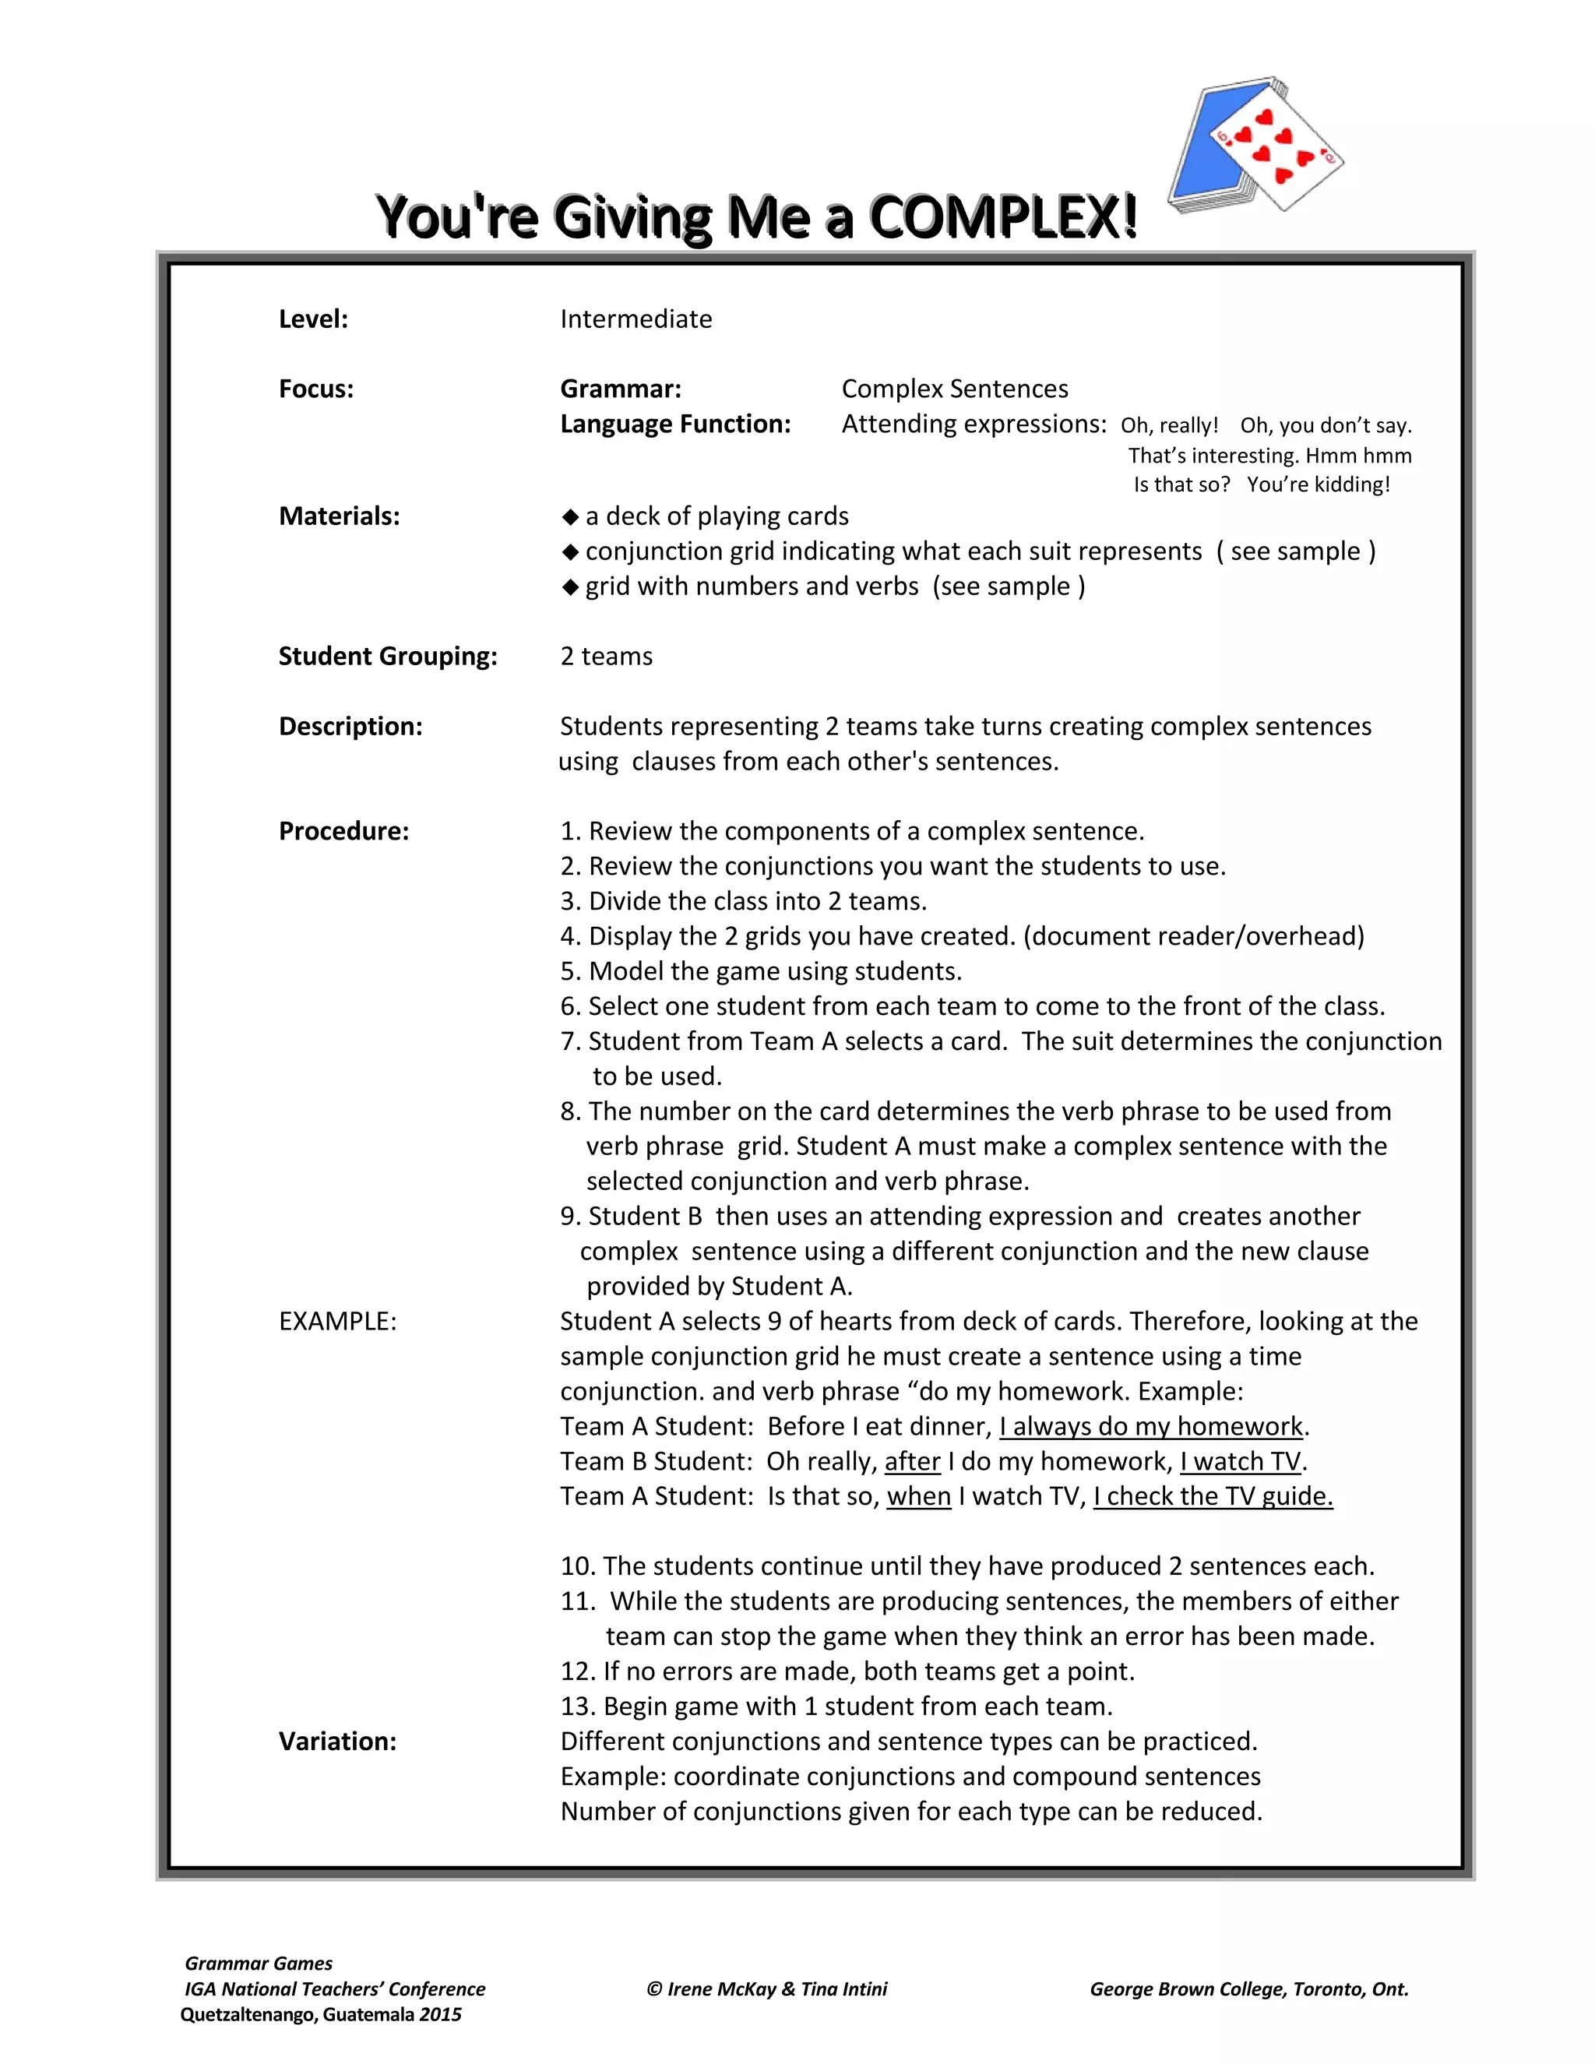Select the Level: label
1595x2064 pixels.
tap(313, 319)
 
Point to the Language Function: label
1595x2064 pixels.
tap(674, 424)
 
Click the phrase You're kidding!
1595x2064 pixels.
tap(1319, 484)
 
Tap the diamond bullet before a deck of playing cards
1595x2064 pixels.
tap(570, 517)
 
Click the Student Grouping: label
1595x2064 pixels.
tap(387, 656)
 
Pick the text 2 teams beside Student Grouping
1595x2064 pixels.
tap(606, 656)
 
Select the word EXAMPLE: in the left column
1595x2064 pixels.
tap(337, 1321)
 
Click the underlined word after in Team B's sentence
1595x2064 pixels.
tap(912, 1462)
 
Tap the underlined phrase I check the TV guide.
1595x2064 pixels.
tap(1213, 1497)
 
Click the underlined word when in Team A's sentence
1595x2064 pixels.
tap(918, 1497)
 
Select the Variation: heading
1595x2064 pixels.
tap(337, 1742)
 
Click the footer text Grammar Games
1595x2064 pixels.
tap(258, 1963)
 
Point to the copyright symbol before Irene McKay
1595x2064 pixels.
tap(654, 1989)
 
